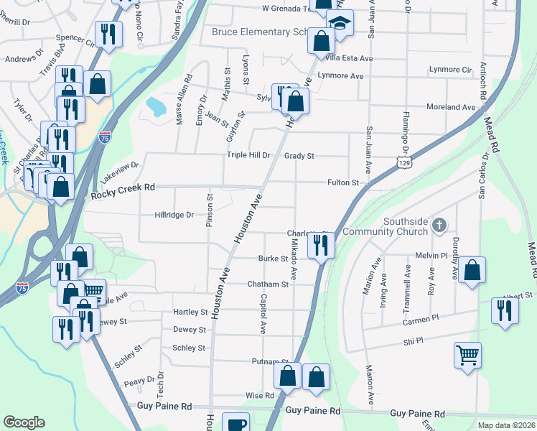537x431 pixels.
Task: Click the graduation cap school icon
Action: [x=340, y=23]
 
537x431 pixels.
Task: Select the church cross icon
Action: [x=440, y=226]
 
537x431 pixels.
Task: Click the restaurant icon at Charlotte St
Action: [x=321, y=244]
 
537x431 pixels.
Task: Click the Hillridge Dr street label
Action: [x=174, y=215]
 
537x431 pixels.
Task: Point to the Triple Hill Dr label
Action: [x=248, y=155]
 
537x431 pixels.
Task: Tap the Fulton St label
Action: [x=343, y=183]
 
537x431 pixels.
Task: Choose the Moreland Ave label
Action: [x=451, y=107]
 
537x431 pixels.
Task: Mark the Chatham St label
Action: [x=268, y=284]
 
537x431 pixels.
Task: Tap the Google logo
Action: [x=24, y=422]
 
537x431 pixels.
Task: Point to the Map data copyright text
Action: [x=505, y=425]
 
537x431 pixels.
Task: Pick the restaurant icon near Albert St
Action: [x=505, y=310]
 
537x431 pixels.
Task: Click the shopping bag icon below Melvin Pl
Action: [x=472, y=270]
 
